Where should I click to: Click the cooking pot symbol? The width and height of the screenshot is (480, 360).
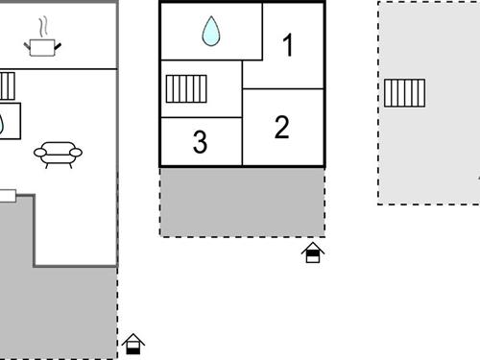click(42, 47)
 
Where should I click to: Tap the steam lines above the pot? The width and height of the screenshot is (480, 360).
click(43, 26)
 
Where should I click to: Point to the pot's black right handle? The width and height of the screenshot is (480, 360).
click(58, 46)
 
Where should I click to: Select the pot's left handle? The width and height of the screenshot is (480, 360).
click(28, 46)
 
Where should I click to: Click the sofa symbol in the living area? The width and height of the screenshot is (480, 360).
click(58, 155)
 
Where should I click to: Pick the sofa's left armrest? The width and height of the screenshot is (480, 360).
click(40, 153)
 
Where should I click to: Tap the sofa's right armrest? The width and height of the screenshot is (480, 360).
click(76, 153)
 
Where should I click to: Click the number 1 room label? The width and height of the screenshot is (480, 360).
click(288, 45)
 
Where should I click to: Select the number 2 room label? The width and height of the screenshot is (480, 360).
click(282, 127)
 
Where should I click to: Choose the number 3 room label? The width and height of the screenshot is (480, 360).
click(200, 141)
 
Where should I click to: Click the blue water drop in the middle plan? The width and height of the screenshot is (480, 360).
click(211, 31)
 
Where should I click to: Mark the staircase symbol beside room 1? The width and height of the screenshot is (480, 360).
click(186, 88)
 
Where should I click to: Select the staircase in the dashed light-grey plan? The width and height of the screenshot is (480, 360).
click(404, 93)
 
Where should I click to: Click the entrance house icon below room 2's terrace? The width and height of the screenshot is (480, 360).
click(313, 252)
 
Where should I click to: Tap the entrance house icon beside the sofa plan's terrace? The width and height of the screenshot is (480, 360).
click(133, 344)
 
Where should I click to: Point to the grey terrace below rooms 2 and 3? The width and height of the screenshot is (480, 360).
click(242, 203)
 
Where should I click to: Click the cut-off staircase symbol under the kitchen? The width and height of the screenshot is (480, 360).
click(7, 86)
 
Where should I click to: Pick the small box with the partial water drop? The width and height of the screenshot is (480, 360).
click(11, 121)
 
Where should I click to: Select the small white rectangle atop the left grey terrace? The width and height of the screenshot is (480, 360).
click(8, 196)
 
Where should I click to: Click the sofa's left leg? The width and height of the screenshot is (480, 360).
click(47, 165)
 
